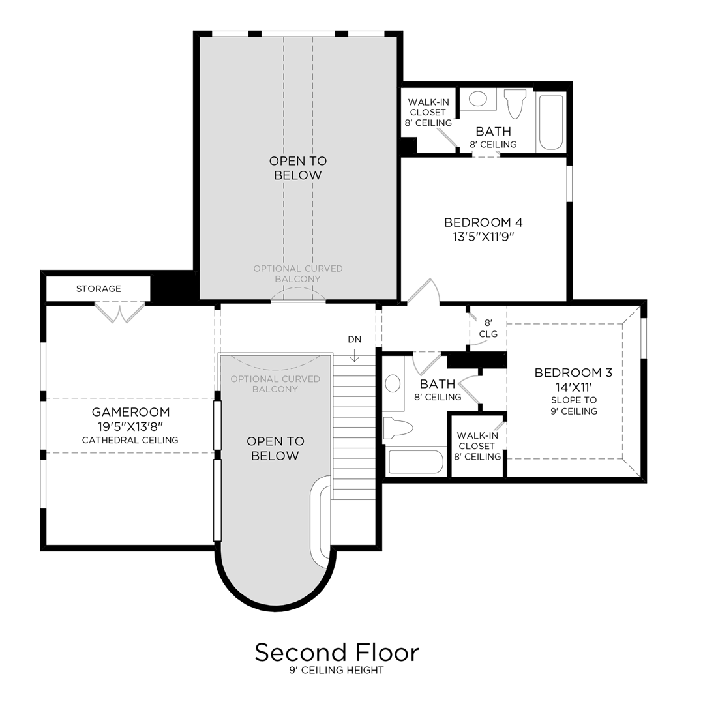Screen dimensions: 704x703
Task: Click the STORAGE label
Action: tap(98, 289)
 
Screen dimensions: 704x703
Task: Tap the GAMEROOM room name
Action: tap(130, 412)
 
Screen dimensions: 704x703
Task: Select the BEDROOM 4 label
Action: tap(483, 222)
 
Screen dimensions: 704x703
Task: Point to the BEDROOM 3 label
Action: tap(573, 373)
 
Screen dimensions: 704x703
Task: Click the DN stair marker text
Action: tap(354, 340)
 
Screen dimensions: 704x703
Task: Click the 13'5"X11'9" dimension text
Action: tap(483, 237)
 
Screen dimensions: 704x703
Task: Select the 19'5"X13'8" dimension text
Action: tap(130, 426)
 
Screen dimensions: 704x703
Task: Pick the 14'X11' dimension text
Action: tap(573, 387)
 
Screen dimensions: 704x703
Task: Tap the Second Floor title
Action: tap(337, 652)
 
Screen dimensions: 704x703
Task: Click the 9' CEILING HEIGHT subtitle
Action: tap(337, 671)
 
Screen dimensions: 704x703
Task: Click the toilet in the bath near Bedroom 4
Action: tap(515, 102)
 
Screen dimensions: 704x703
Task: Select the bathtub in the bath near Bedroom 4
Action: tap(551, 122)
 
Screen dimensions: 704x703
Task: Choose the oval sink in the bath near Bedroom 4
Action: tap(478, 99)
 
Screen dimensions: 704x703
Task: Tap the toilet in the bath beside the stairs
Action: tap(398, 428)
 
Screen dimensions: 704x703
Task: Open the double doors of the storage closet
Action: tap(119, 312)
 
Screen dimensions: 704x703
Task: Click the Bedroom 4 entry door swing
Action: tap(424, 292)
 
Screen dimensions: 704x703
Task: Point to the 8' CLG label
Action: tap(488, 329)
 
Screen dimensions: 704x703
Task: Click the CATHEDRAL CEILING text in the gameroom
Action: tap(130, 441)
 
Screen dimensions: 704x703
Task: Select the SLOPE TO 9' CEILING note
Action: tap(573, 405)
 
